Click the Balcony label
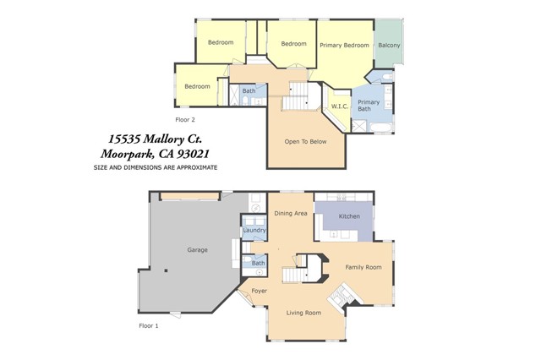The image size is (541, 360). point(389,45)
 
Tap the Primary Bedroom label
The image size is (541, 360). point(344,45)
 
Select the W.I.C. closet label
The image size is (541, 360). point(340,106)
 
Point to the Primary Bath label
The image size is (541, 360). point(369,106)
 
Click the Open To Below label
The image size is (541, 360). point(305,141)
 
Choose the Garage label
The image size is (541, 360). point(197,250)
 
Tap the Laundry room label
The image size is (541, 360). point(254,230)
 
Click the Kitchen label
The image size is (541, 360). point(349,216)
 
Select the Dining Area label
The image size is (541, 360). point(291,214)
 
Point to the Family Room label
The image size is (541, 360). point(363,267)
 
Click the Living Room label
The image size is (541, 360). point(303,313)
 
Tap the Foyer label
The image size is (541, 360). point(260,291)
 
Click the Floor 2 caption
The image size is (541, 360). point(185,120)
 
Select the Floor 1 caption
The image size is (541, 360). point(149,326)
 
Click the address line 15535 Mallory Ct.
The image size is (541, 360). point(156,139)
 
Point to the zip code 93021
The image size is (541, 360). point(193,154)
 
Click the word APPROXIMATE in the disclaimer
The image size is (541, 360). point(197,168)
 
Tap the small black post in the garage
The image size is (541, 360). point(166,270)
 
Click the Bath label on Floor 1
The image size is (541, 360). point(258,264)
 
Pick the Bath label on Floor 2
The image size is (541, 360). point(249,91)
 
